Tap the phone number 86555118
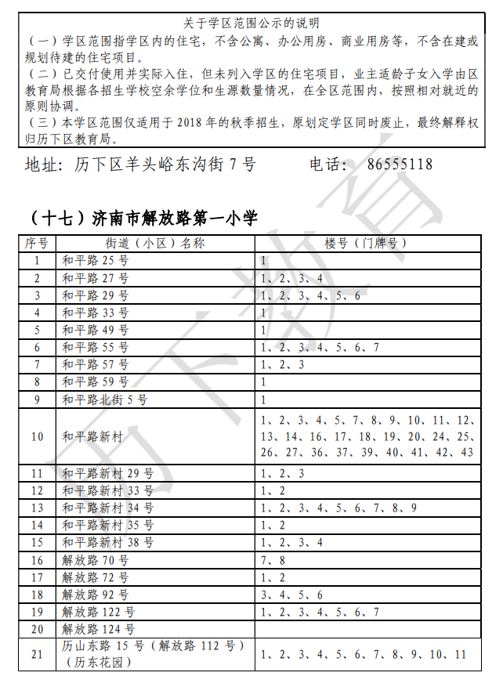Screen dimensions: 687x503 [x=400, y=165]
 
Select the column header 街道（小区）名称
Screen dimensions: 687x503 [x=155, y=243]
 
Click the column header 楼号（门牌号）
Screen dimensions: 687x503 [x=367, y=243]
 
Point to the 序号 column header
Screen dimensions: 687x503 [x=37, y=243]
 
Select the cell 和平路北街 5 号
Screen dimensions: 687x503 [x=105, y=400]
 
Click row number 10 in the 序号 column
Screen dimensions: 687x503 [x=37, y=436]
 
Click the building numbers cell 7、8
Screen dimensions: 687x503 [x=273, y=560]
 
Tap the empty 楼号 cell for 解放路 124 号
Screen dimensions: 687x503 [x=367, y=629]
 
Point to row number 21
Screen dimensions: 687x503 [x=37, y=654]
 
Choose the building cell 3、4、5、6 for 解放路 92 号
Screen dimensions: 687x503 [x=291, y=595]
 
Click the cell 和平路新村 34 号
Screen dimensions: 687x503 [x=108, y=508]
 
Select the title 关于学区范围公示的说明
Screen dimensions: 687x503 [x=251, y=24]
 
